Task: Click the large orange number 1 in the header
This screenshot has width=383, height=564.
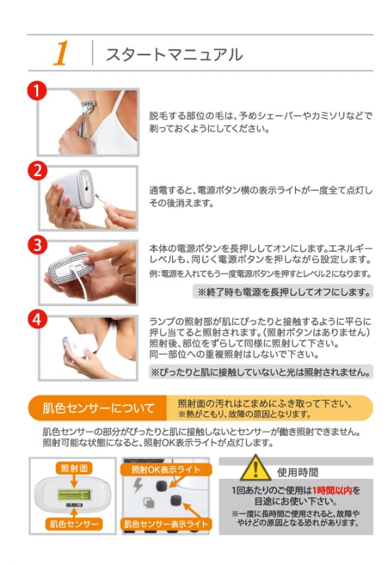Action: coord(61,53)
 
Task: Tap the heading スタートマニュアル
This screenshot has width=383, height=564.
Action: coord(175,55)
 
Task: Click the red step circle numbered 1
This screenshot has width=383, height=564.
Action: coord(37,91)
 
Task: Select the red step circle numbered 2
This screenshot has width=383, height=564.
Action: coord(38,171)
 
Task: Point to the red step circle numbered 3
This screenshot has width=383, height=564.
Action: coord(38,246)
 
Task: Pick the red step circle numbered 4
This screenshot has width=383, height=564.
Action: coord(38,319)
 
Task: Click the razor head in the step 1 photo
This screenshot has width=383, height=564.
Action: coord(88,106)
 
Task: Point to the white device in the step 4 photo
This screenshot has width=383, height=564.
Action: coord(80,346)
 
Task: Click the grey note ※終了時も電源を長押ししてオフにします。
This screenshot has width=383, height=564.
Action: coord(283,292)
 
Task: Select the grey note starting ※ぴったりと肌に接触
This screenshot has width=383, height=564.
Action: coord(261,372)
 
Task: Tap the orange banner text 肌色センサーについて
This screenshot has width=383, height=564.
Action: coord(98,408)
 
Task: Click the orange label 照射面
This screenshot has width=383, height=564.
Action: coord(74,468)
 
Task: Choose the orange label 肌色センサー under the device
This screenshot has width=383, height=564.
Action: coord(74,524)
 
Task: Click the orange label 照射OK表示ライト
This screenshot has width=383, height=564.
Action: coord(166,469)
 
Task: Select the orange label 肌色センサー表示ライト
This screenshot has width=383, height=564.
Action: coord(166,524)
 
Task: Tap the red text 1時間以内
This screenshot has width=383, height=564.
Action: coord(332,490)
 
